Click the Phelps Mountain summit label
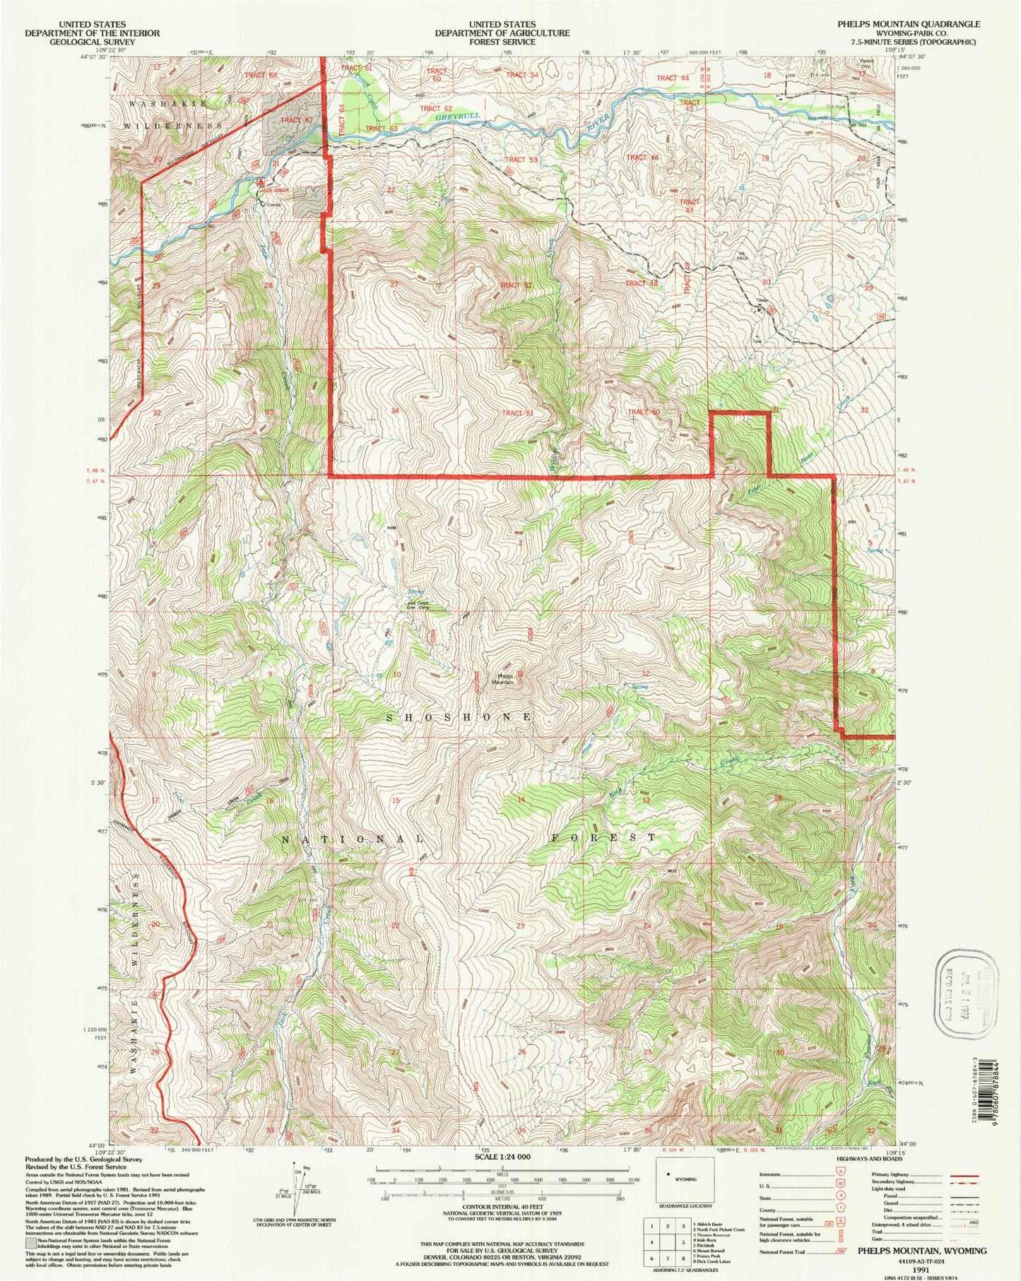pyautogui.click(x=503, y=678)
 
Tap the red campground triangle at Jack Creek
pyautogui.click(x=260, y=182)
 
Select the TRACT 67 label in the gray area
pyautogui.click(x=296, y=120)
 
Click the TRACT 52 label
pyautogui.click(x=516, y=285)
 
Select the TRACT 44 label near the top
pyautogui.click(x=673, y=78)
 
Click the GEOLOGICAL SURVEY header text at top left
pyautogui.click(x=92, y=42)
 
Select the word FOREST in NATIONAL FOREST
pyautogui.click(x=604, y=837)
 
